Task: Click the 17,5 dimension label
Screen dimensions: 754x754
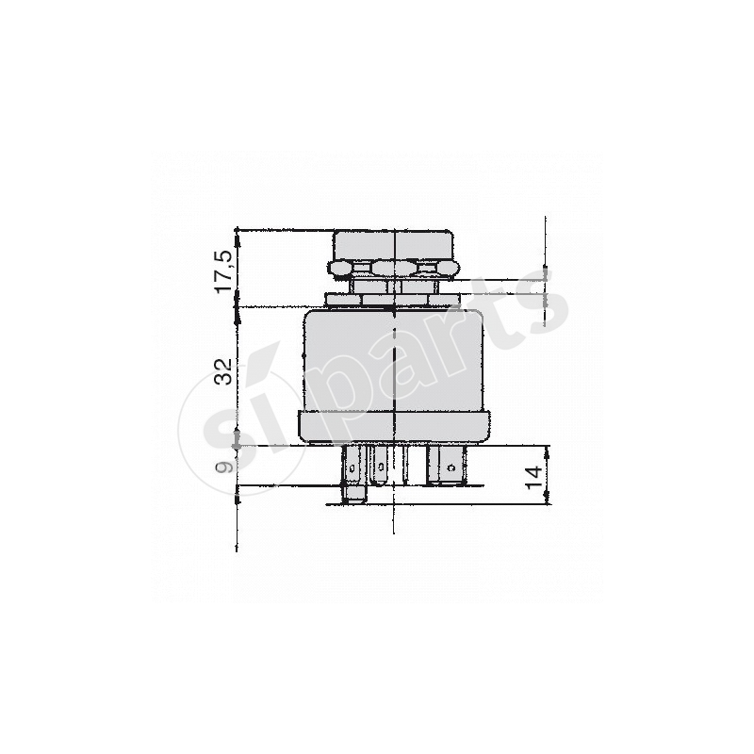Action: tap(223, 270)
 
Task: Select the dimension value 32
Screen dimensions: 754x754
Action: tap(223, 371)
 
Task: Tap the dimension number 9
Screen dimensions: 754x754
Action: tap(223, 466)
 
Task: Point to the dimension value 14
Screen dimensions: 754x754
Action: tap(534, 477)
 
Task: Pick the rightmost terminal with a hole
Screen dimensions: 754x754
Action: tap(454, 466)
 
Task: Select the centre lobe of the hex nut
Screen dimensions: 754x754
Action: tap(385, 268)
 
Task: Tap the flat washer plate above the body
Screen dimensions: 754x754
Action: tap(391, 300)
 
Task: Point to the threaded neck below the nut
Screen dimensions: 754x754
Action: tap(391, 285)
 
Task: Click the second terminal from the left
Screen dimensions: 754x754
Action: tap(379, 466)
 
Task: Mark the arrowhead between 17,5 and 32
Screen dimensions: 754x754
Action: tap(237, 306)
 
